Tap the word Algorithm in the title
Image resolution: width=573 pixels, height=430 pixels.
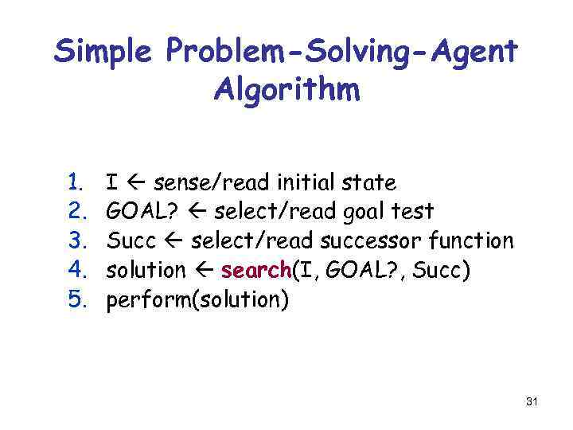286,89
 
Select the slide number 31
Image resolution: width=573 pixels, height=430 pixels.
532,402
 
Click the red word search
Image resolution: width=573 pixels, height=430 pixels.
256,270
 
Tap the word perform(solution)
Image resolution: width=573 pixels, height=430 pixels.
198,299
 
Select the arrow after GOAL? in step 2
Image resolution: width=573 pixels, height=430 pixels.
196,212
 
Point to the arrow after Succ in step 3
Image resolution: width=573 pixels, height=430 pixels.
175,240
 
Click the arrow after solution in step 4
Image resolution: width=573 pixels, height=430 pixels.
204,270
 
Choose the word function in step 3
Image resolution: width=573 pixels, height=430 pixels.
471,240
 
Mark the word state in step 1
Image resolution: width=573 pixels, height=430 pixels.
368,183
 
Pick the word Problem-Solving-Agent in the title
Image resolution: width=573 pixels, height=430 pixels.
342,53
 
